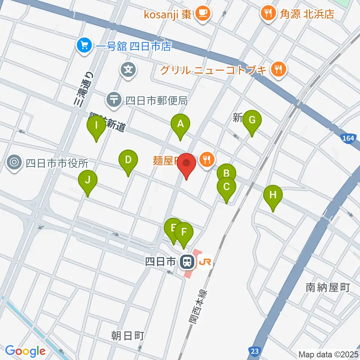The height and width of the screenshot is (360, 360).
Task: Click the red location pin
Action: point(186,163)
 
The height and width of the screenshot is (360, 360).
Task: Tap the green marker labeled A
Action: point(180,124)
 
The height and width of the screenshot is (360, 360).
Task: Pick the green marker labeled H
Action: point(273,195)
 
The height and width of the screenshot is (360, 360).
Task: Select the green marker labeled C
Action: point(226,187)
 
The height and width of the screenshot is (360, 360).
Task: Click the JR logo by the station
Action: point(205,262)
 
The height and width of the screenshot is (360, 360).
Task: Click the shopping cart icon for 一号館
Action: point(83,46)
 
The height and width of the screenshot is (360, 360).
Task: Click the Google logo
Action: point(25,351)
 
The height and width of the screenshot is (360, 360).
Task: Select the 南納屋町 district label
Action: point(328,288)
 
